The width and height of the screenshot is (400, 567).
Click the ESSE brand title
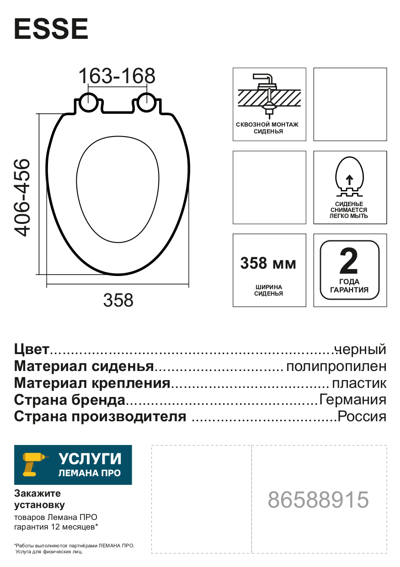click(51, 30)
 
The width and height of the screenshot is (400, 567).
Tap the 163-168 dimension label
click(117, 76)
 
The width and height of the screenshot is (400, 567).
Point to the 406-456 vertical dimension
click(22, 197)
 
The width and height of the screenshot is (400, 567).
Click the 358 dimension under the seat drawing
click(118, 300)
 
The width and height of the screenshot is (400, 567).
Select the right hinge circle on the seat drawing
click(146, 102)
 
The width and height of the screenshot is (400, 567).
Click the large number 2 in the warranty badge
click(350, 262)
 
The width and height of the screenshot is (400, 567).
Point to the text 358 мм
click(268, 264)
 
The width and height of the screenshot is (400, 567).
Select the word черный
click(360, 350)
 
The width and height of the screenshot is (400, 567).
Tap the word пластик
click(359, 383)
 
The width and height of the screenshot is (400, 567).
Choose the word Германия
click(353, 400)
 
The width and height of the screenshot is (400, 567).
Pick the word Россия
click(362, 417)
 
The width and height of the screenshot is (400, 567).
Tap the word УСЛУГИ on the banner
click(90, 459)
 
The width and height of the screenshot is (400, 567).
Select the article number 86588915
click(318, 500)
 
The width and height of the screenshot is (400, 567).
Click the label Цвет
click(32, 350)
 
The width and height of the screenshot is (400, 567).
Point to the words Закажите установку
click(39, 499)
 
